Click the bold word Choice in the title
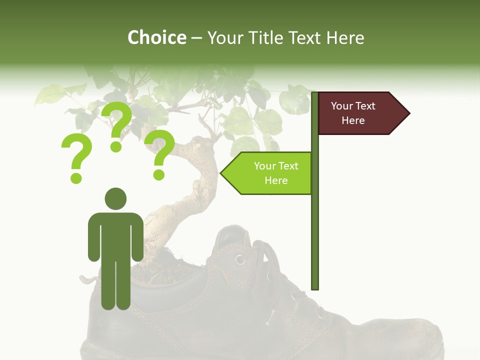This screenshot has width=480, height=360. click(156, 38)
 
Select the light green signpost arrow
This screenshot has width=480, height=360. click(268, 173)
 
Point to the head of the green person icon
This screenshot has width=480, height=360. click(115, 198)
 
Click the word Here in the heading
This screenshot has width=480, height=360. click(345, 38)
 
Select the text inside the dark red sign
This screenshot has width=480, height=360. click(353, 113)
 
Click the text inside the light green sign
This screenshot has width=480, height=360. click(276, 173)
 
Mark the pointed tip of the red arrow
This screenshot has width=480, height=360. click(408, 113)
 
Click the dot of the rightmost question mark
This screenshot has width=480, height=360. click(159, 174)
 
